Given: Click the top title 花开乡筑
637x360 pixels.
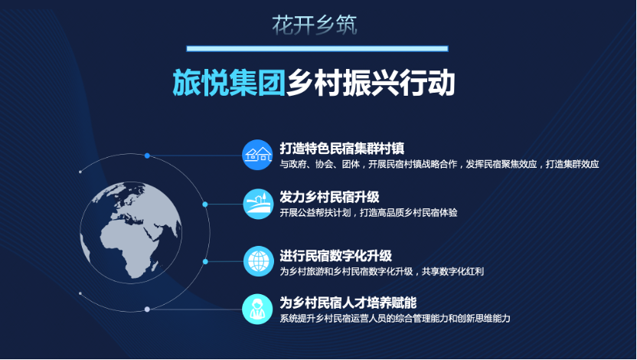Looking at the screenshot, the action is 315,25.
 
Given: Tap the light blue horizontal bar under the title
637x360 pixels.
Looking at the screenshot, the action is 317,49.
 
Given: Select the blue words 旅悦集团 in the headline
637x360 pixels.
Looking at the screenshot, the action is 229,83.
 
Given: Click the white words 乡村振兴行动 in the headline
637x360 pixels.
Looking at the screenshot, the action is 371,83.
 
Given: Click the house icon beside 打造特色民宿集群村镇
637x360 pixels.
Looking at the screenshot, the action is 257,155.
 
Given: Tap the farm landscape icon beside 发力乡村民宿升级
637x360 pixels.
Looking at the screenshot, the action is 258,204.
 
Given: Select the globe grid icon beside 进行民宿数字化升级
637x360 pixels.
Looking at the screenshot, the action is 258,261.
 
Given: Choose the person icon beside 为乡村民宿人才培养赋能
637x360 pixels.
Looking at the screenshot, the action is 257,309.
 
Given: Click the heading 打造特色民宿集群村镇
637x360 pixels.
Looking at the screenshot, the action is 341,149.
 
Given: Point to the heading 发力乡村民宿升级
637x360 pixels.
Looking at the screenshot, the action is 329,197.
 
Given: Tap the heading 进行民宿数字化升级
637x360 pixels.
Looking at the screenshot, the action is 335,256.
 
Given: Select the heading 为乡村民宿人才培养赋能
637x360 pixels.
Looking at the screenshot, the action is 348,303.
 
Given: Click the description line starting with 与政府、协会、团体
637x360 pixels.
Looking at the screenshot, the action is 439,164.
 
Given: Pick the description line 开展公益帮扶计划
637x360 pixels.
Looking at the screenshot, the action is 368,212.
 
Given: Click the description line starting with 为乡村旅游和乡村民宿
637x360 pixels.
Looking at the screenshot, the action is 381,271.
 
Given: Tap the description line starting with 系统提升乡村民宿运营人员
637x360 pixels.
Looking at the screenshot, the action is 394,318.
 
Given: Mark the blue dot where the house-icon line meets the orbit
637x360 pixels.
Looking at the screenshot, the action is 147,155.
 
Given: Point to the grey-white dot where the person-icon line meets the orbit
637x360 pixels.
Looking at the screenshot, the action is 147,309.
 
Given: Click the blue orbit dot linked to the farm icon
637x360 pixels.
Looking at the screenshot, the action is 205,204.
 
